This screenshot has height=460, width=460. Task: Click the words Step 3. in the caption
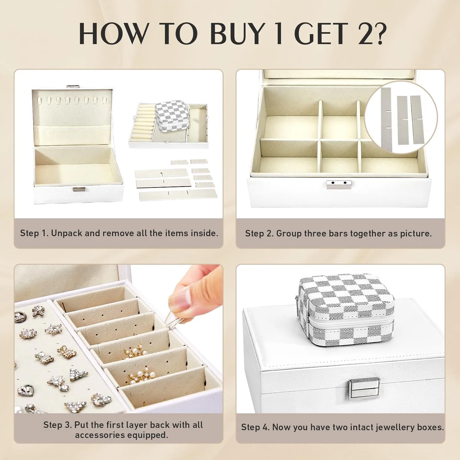[57, 425]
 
